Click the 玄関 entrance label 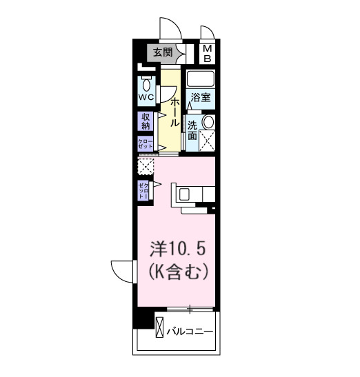(163, 52)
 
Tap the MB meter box (207, 52)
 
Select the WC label (146, 97)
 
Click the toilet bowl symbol (146, 84)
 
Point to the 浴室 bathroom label (200, 98)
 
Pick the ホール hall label (174, 113)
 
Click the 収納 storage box (146, 121)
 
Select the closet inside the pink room (143, 190)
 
